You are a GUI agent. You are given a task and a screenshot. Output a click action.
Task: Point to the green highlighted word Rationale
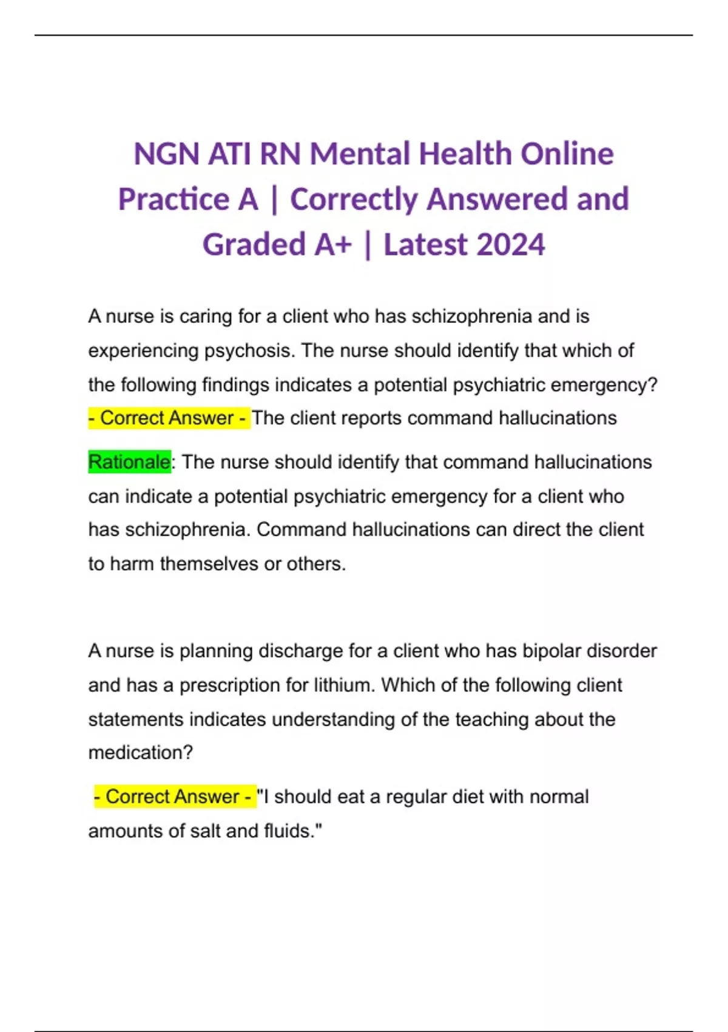[129, 462]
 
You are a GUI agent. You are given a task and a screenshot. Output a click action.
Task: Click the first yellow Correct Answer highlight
[169, 418]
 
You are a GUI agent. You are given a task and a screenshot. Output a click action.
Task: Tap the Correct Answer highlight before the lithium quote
[175, 796]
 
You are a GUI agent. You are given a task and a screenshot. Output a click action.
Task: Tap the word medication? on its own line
[140, 753]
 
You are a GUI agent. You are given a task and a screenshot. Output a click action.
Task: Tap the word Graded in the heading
[254, 245]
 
